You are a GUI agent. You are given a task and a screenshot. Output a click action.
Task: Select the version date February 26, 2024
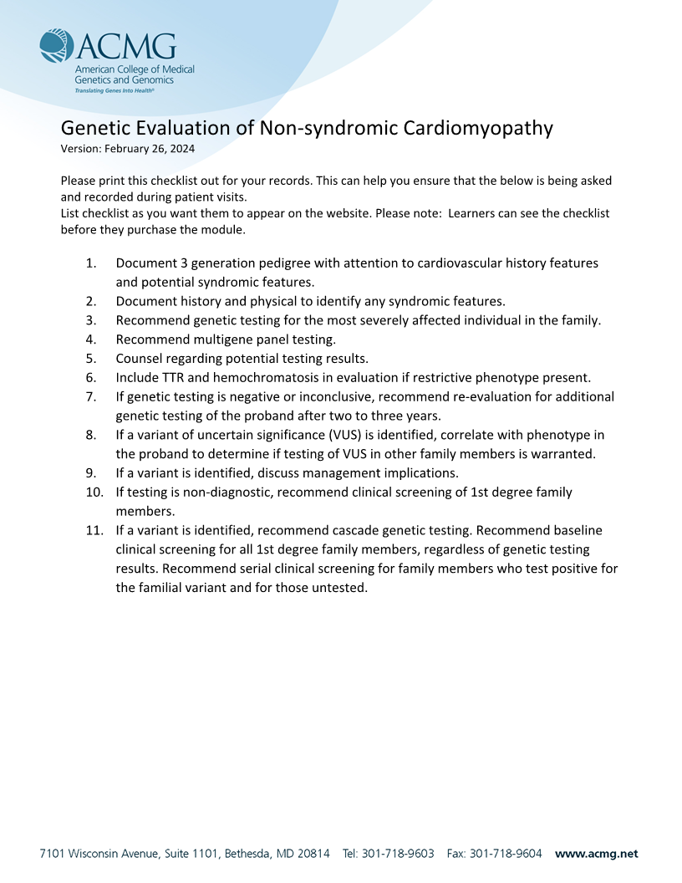(150, 148)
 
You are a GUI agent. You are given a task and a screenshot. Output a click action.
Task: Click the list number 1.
(90, 263)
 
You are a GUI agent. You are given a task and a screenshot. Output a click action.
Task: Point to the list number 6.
(90, 377)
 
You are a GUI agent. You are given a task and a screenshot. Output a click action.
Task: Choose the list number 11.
(94, 530)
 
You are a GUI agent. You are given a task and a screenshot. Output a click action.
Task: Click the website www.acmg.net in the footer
(596, 854)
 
